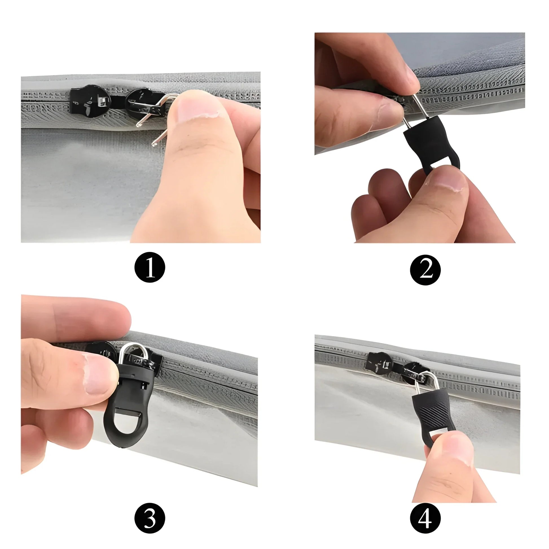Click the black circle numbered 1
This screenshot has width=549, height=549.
[x=150, y=267]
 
